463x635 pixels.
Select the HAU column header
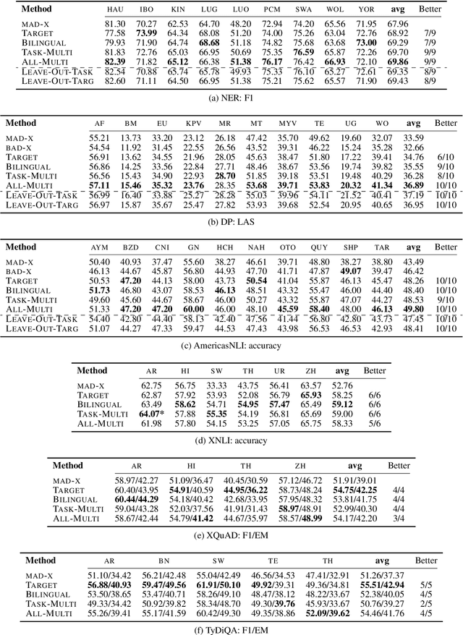coord(115,11)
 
